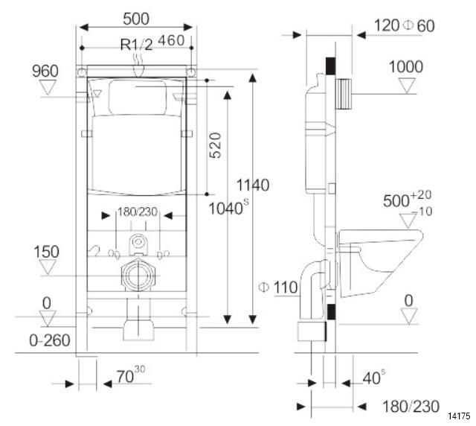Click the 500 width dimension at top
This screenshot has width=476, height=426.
pyautogui.click(x=136, y=16)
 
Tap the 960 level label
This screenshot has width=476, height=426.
pyautogui.click(x=45, y=71)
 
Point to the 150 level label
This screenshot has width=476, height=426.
pyautogui.click(x=45, y=252)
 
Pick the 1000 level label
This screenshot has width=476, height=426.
pyautogui.click(x=406, y=67)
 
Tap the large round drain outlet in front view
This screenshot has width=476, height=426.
pyautogui.click(x=137, y=276)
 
